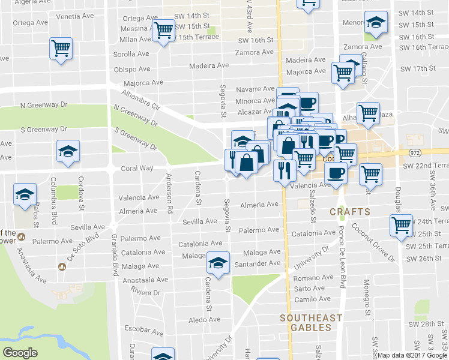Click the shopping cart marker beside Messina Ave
(x=163, y=29)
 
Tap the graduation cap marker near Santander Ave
(x=218, y=263)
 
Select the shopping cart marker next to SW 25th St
(x=400, y=226)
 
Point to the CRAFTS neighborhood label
(x=349, y=212)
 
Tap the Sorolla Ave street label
(x=131, y=54)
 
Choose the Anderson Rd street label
(x=170, y=194)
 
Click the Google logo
(x=20, y=353)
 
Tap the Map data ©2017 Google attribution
(x=412, y=355)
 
